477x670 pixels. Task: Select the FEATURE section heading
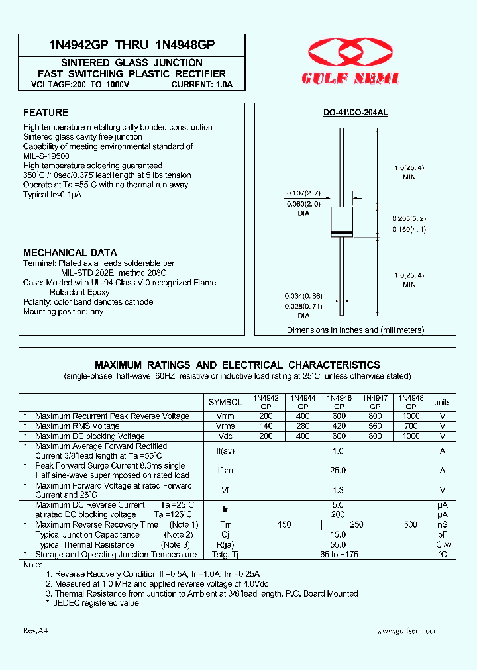click(46, 113)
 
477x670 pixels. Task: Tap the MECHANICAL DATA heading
click(70, 252)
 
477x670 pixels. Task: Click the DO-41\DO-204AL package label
click(355, 113)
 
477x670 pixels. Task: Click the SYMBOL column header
click(225, 402)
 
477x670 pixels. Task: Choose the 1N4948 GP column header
click(411, 402)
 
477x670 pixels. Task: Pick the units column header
click(442, 402)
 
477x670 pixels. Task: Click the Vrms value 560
click(375, 426)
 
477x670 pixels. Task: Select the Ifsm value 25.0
click(339, 470)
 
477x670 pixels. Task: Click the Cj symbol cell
click(225, 534)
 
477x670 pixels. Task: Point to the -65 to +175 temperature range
click(339, 554)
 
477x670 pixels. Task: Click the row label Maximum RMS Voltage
click(78, 426)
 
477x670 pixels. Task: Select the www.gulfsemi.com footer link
click(407, 631)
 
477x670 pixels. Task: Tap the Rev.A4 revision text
click(36, 631)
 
